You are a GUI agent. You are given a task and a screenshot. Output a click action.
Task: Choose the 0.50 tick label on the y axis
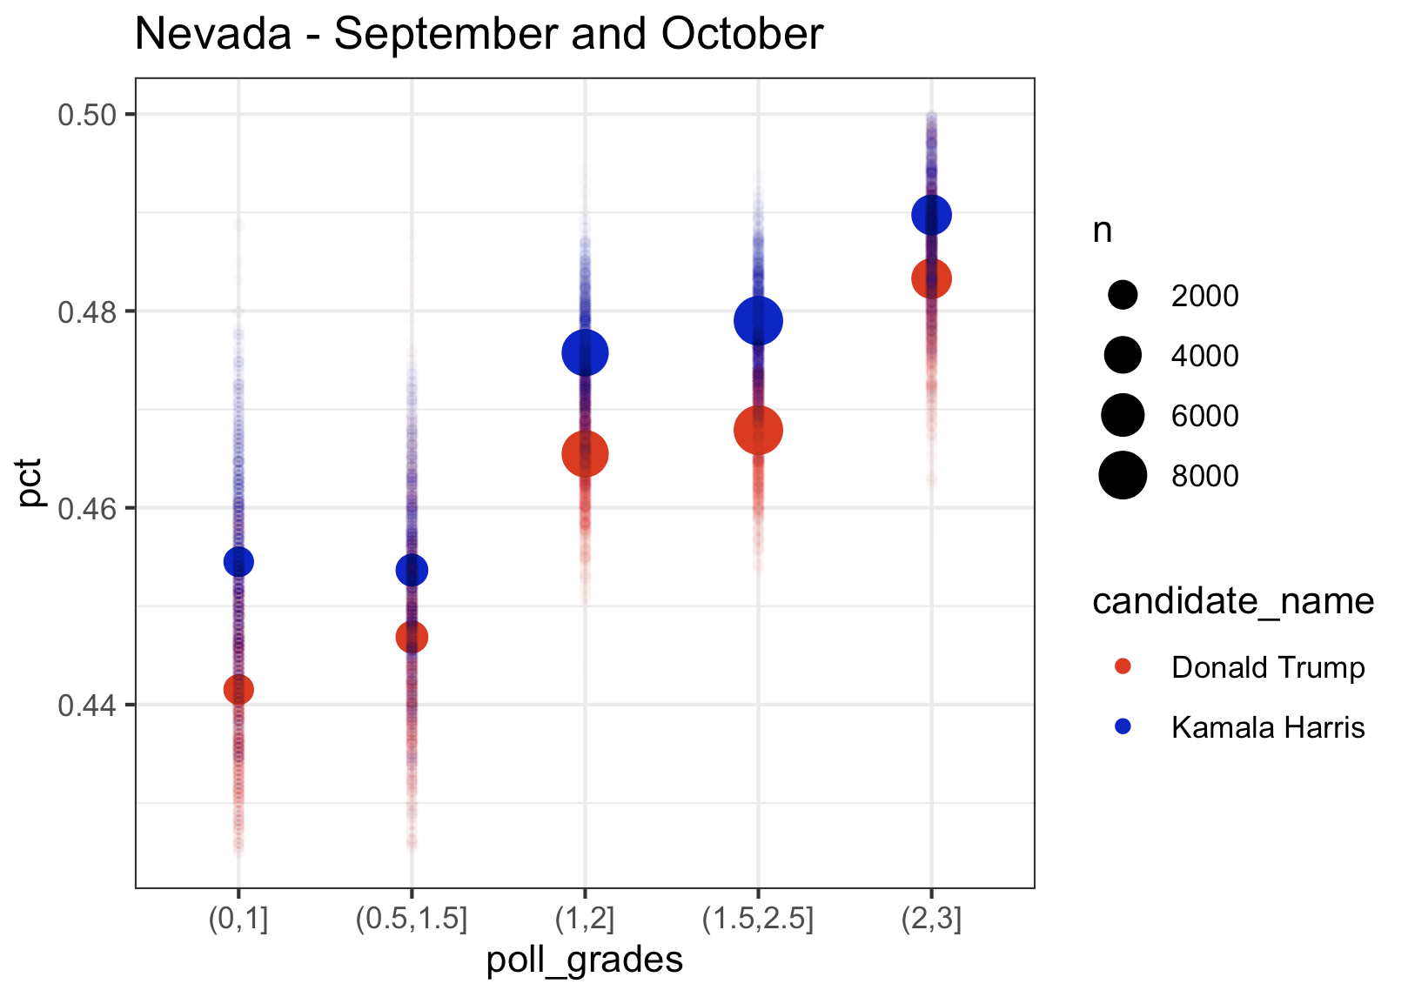[x=87, y=115]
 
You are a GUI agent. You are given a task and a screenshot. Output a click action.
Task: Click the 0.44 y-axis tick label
[x=87, y=705]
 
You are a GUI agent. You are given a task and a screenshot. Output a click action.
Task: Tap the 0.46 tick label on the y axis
[x=87, y=508]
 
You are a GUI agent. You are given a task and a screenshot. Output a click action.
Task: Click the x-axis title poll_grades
[x=584, y=960]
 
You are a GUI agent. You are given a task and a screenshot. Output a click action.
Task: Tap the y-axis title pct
[x=30, y=483]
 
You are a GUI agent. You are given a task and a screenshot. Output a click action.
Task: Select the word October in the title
[x=741, y=35]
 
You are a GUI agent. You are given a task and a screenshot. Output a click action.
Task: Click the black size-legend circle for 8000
[x=1123, y=476]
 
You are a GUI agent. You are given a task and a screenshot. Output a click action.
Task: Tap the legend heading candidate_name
[x=1232, y=601]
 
